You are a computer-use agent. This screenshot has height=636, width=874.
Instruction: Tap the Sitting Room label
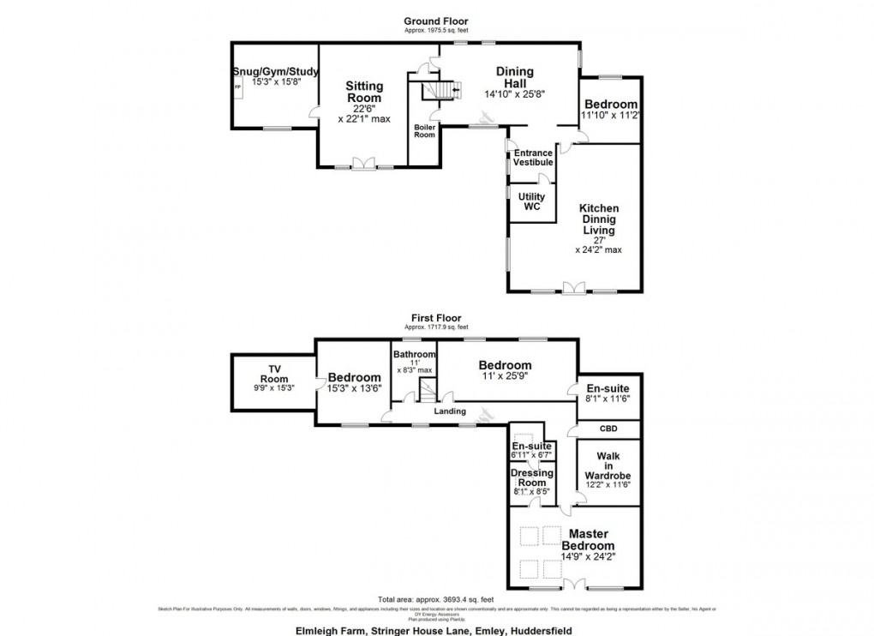point(364,92)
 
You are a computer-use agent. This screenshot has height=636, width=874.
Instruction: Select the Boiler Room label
point(425,130)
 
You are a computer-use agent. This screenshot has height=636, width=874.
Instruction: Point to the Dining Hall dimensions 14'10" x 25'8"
point(514,94)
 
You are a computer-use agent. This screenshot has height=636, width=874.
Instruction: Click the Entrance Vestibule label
point(532,158)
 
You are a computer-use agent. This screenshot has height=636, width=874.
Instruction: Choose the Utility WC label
point(532,202)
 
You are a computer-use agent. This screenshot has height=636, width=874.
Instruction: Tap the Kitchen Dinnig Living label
point(599,219)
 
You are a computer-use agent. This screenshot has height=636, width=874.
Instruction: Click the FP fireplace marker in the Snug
point(238,87)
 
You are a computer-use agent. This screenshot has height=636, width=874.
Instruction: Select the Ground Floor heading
point(437,21)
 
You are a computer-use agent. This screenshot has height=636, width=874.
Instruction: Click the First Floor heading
point(437,317)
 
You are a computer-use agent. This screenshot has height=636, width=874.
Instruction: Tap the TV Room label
point(275,374)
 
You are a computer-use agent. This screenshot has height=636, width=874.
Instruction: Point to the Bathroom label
point(414,354)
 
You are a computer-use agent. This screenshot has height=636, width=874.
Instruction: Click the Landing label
point(449,411)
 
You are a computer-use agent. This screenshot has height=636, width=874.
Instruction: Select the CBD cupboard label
point(608,429)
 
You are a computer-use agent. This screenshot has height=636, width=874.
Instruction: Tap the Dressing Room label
point(532,477)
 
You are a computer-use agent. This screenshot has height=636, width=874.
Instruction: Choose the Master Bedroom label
point(588,540)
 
